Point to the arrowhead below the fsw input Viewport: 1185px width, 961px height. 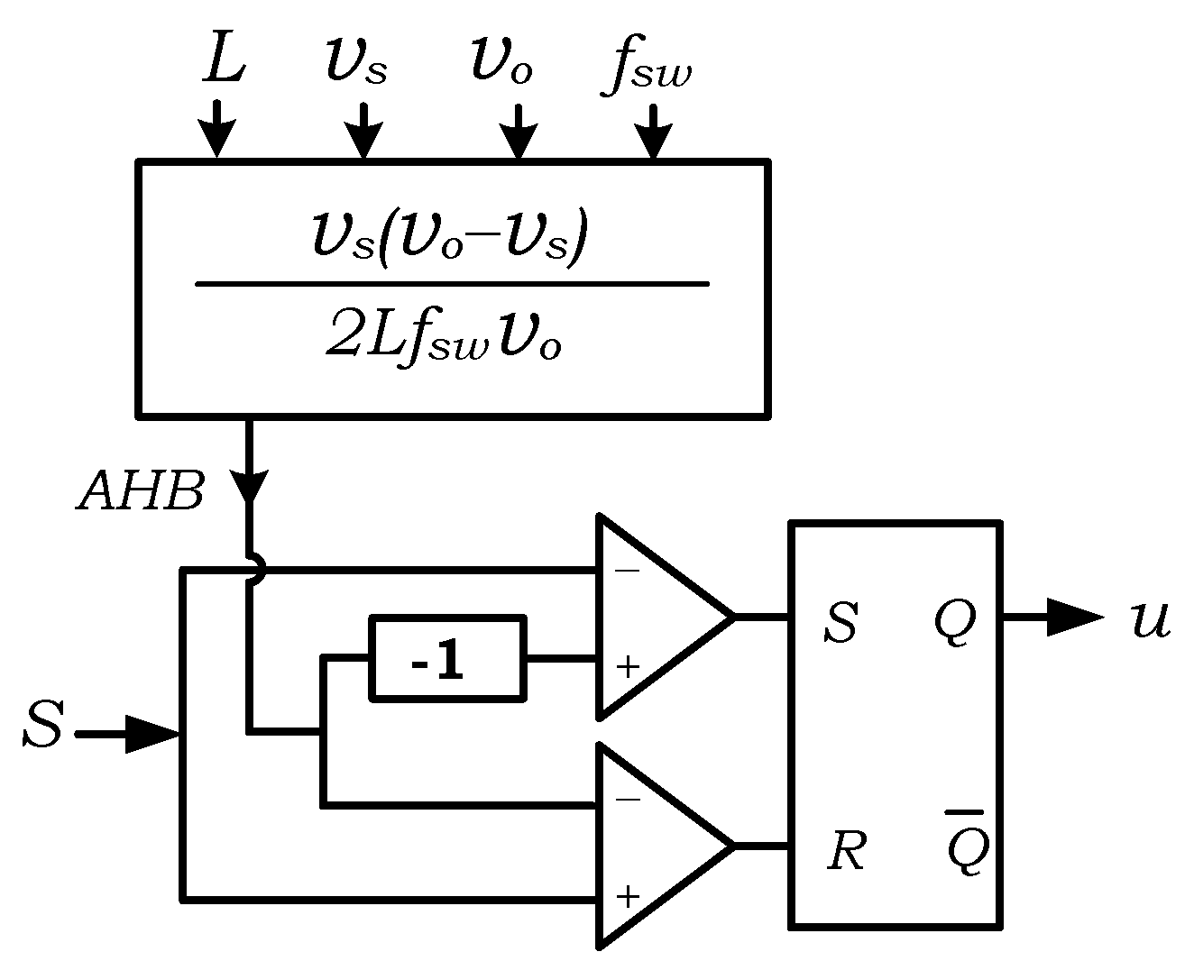tap(654, 140)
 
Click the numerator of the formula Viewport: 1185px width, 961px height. tap(448, 237)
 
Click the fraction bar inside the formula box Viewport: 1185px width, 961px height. tap(452, 284)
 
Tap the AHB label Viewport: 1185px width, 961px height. tap(141, 491)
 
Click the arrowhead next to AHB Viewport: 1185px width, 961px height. tap(248, 487)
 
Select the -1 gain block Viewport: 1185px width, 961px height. tap(448, 658)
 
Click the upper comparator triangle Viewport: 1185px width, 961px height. tap(654, 618)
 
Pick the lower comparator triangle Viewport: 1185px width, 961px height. tap(654, 847)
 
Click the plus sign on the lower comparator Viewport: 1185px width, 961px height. tap(627, 896)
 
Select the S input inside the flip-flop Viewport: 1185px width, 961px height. tap(841, 623)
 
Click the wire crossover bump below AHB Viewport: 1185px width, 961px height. tap(256, 570)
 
